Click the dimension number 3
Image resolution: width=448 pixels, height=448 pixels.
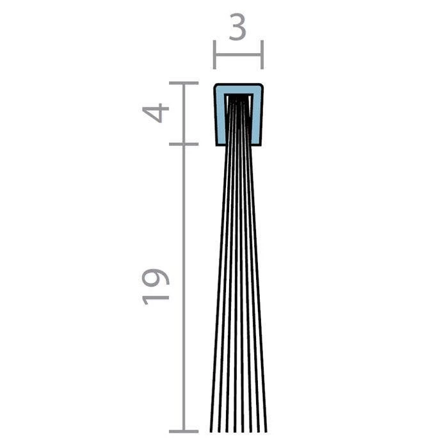pyautogui.click(x=237, y=27)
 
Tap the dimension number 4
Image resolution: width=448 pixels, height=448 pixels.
pyautogui.click(x=156, y=113)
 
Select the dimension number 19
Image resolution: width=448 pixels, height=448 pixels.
pyautogui.click(x=156, y=287)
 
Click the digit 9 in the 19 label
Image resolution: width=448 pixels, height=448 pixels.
pyautogui.click(x=156, y=277)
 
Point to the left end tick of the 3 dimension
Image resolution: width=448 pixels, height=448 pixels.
pyautogui.click(x=214, y=54)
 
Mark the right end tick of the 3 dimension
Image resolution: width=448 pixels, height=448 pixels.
pyautogui.click(x=262, y=54)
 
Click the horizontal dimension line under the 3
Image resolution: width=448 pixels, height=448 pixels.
pyautogui.click(x=238, y=54)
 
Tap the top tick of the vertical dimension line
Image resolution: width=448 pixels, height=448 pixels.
pyautogui.click(x=184, y=83)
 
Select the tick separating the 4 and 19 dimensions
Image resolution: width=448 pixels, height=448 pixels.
pyautogui.click(x=184, y=144)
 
